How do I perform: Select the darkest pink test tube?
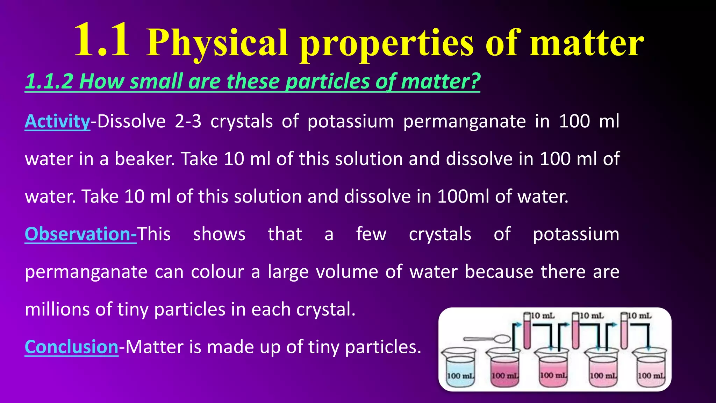(x=527, y=331)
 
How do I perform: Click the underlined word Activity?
(x=58, y=121)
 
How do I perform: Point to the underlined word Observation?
(x=80, y=234)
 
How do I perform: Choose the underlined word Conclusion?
(x=72, y=347)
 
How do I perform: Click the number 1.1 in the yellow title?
(x=102, y=40)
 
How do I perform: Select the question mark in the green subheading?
(x=474, y=81)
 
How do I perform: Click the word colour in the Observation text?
(x=217, y=272)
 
